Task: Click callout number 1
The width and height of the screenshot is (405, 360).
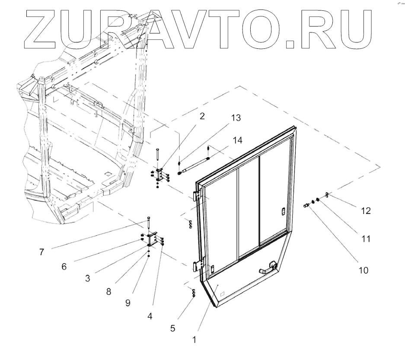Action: tap(194, 340)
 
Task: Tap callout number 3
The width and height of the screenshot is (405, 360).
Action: tap(87, 279)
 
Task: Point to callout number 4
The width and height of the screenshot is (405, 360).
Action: tap(150, 316)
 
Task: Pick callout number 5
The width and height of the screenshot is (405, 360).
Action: tap(172, 328)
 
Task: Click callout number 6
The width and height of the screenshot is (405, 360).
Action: tap(64, 267)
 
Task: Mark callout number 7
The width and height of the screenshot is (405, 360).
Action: tap(41, 252)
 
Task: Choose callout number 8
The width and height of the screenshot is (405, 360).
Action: tap(108, 291)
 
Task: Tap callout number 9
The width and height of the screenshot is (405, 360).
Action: tap(128, 303)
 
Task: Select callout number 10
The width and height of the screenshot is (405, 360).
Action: tap(363, 270)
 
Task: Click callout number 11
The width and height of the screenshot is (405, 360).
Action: tap(366, 239)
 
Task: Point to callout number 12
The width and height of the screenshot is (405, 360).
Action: tap(366, 211)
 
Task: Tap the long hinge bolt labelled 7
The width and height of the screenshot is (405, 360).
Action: tap(149, 224)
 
